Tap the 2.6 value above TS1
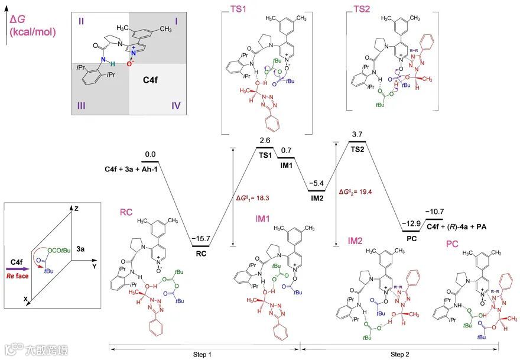[265, 140]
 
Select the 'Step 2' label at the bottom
[396, 354]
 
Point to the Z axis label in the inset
[76, 209]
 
